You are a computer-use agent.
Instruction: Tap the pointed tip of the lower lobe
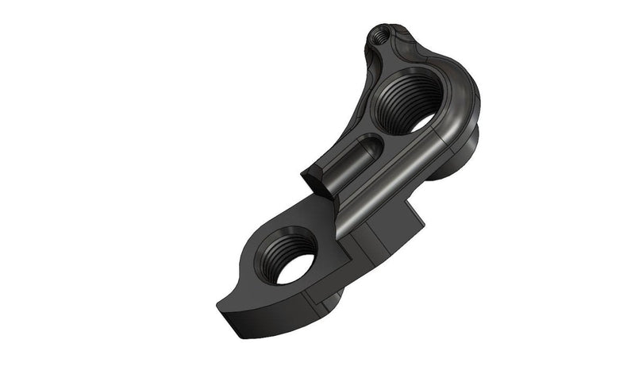tap(221, 307)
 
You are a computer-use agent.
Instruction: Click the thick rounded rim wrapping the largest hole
tap(460, 95)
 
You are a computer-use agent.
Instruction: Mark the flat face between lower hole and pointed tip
tap(246, 290)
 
